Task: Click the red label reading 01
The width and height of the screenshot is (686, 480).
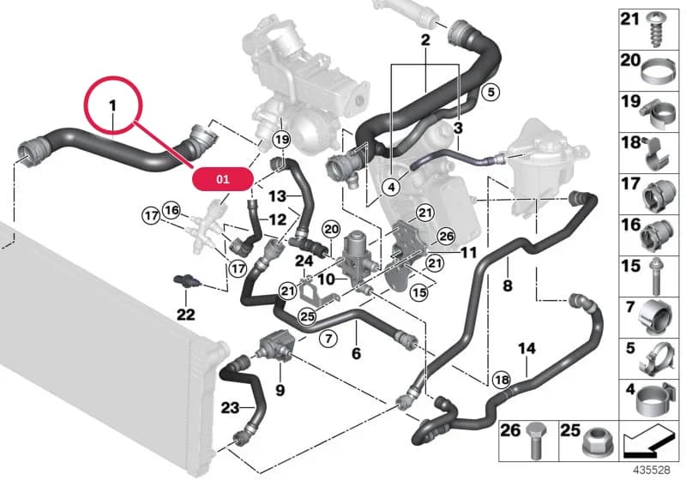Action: (x=223, y=179)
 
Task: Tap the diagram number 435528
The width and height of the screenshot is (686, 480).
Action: (x=652, y=470)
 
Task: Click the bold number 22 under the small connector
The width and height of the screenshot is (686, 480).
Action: (x=185, y=314)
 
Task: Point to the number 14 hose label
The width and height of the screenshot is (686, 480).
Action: (x=527, y=348)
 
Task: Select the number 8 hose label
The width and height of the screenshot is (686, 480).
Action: (x=508, y=286)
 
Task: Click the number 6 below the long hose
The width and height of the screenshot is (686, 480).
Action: (x=356, y=353)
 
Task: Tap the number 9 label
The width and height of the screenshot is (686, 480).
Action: (x=280, y=389)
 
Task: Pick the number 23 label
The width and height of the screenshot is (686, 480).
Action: (x=230, y=408)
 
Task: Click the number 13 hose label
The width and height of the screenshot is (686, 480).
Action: (x=277, y=196)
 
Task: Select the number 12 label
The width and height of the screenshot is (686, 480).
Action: (x=277, y=219)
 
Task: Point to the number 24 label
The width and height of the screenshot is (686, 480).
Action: (x=304, y=261)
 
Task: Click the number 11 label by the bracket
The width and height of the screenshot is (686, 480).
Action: (x=468, y=253)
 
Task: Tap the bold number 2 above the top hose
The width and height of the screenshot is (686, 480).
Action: (x=425, y=40)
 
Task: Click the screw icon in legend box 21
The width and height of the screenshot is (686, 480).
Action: (x=656, y=30)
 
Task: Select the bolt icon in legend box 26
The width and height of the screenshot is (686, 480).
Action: (x=535, y=440)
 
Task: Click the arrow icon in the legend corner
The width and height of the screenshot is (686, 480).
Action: (x=647, y=441)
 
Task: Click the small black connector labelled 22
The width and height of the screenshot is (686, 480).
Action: (x=186, y=280)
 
